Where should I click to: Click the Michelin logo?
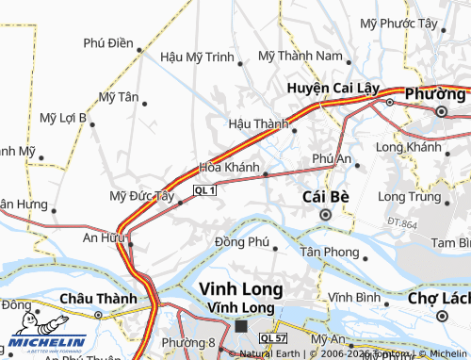coord(47,341)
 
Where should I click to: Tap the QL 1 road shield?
coord(205,190)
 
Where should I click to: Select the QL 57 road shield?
coord(273,337)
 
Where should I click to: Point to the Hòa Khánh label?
coord(229,168)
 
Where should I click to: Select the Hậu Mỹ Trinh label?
coord(197,57)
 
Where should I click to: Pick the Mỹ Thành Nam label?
coord(301,56)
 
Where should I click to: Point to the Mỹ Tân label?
coord(119,97)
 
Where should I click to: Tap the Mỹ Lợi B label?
coord(63,118)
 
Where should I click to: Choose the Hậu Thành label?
coord(258,123)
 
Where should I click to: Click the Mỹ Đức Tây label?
coord(142,196)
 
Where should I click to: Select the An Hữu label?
coord(105,239)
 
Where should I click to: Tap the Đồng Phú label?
coord(242,242)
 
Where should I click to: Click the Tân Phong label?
coord(329,252)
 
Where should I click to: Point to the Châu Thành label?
coord(91,299)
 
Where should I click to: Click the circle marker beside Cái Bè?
coord(326,215)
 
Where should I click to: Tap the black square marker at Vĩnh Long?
coord(241,325)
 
